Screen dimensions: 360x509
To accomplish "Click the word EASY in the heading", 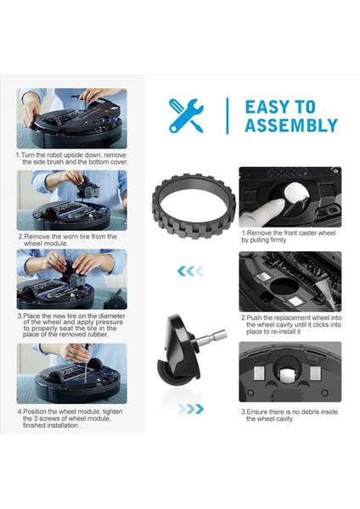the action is pos(267,107).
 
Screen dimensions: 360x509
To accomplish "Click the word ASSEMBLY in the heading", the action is pos(291,125).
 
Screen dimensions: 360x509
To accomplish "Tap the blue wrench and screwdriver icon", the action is pos(186,115).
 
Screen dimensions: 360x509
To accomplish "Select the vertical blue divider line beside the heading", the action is pos(227,115).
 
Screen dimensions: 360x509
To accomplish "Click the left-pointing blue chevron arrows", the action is pos(190,271).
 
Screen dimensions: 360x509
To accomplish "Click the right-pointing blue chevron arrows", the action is pos(190,409).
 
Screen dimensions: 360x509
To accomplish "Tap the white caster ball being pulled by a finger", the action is pos(295,194).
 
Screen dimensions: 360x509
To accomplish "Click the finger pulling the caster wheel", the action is pos(262,213).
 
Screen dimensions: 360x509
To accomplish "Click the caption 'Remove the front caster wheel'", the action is pos(289,232).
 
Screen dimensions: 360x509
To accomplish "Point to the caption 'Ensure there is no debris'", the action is pos(290,411).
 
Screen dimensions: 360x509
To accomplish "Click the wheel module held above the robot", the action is pos(87,189).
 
